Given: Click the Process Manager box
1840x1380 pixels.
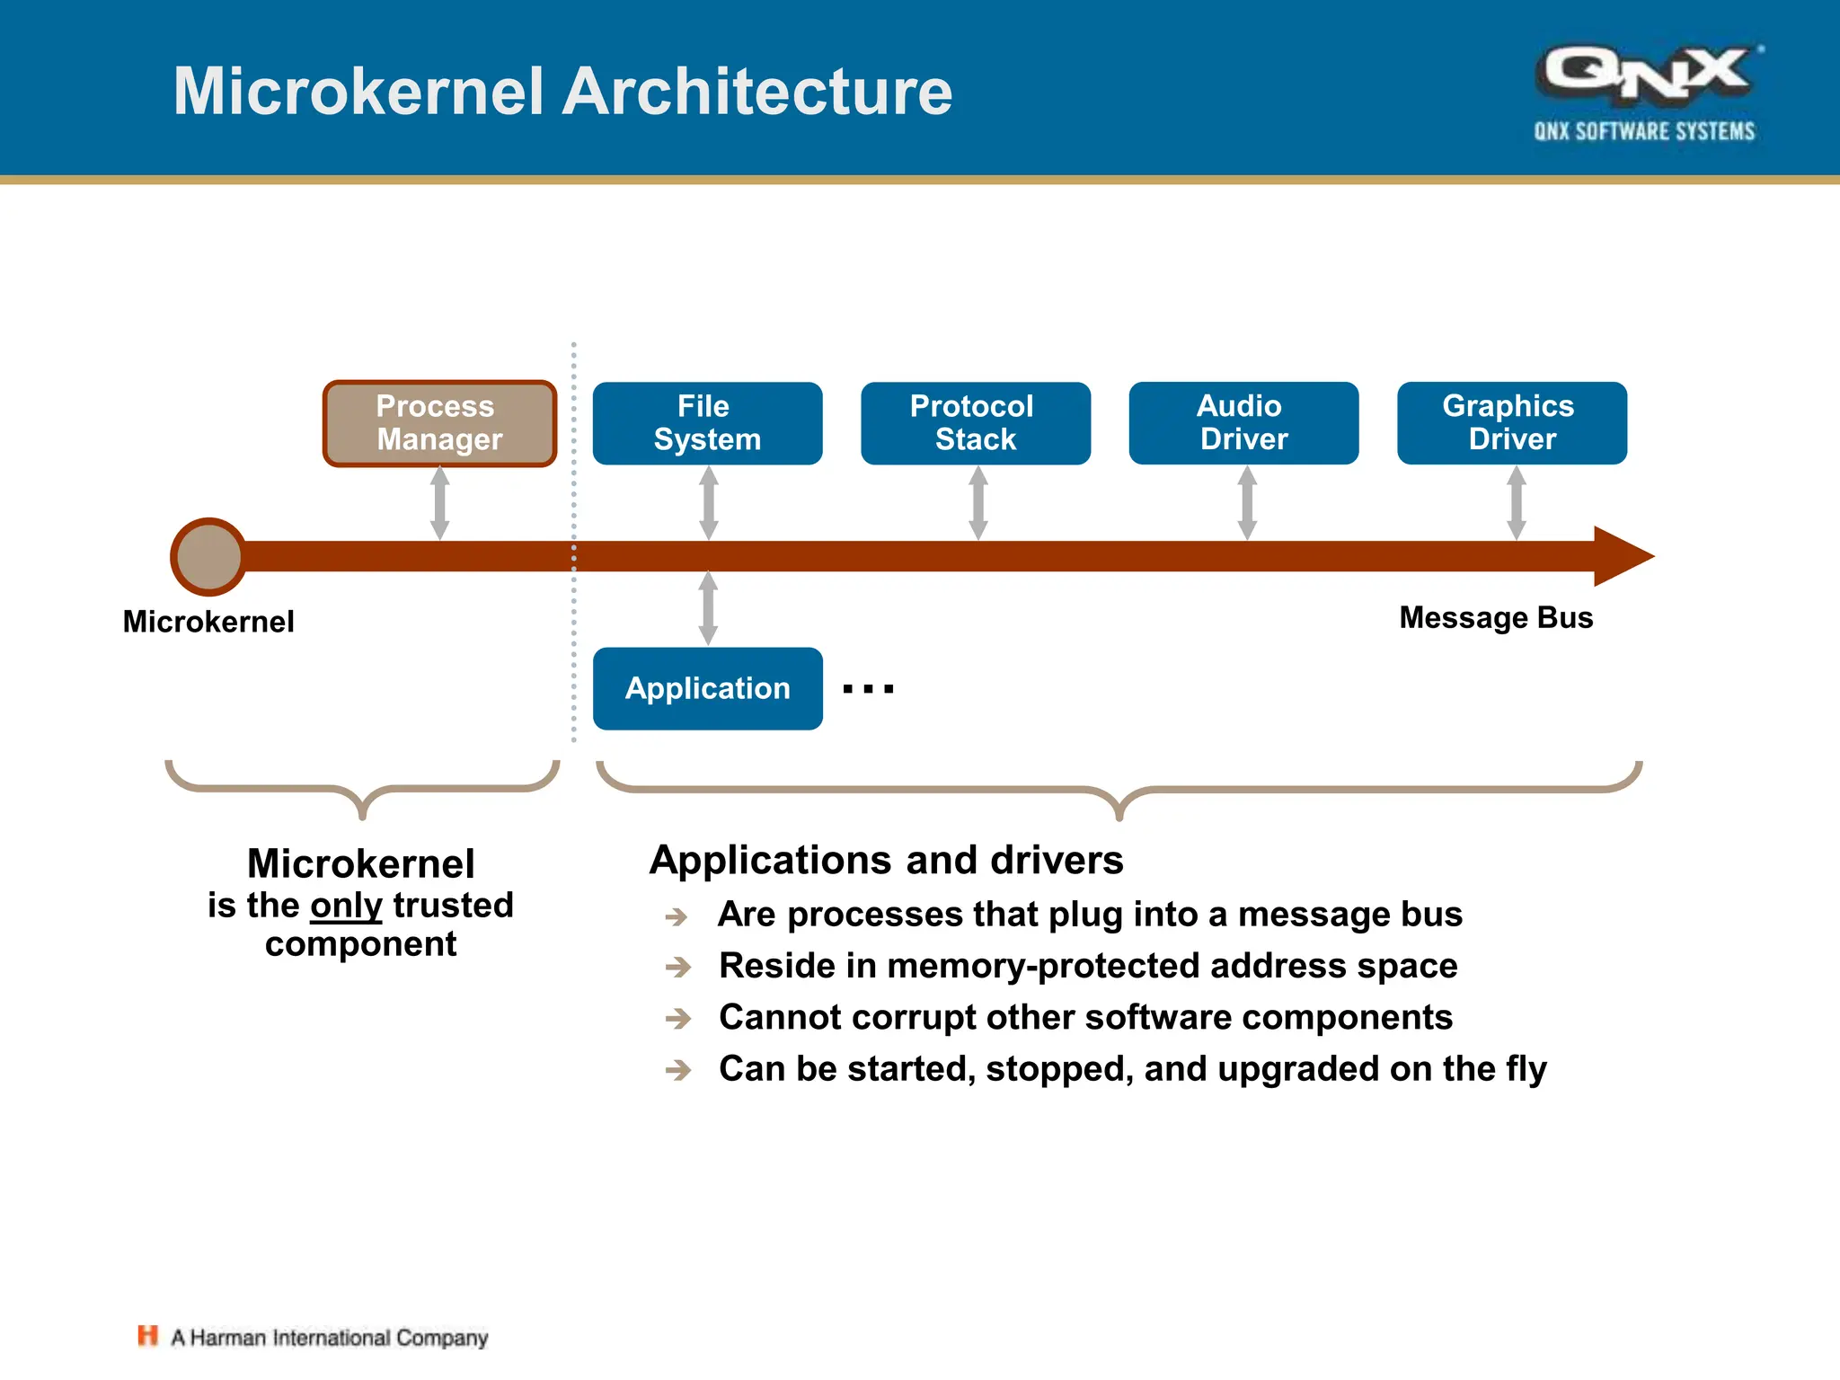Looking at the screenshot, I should pos(439,423).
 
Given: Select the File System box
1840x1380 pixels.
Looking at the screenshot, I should pos(707,423).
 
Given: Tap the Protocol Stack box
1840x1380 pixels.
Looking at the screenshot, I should pos(975,423).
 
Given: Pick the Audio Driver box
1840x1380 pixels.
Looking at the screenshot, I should pos(1243,423).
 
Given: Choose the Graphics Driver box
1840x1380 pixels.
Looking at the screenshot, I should pos(1511,423).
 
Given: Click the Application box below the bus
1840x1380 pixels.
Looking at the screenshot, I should pos(707,688).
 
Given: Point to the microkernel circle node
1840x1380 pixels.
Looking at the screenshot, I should pos(208,557).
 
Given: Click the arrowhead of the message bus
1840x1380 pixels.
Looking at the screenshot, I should pos(1622,556).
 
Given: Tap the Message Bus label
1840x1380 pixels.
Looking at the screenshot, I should pos(1496,618).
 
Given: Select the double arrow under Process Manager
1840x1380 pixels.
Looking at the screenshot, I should pos(439,503).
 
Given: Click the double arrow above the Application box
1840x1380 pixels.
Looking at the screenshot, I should pos(708,608).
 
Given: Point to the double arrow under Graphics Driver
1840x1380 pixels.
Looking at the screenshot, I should pos(1517,503).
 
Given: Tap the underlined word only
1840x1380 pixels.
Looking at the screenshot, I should pos(346,906).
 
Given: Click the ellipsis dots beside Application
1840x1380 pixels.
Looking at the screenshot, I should pos(868,689).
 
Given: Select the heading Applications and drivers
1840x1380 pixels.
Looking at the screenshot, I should pos(886,861).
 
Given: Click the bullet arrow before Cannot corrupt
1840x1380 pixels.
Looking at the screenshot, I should pos(678,1019).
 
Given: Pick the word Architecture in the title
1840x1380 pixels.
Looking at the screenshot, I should pos(756,92).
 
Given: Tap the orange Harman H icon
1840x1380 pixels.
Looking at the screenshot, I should pos(147,1336).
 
